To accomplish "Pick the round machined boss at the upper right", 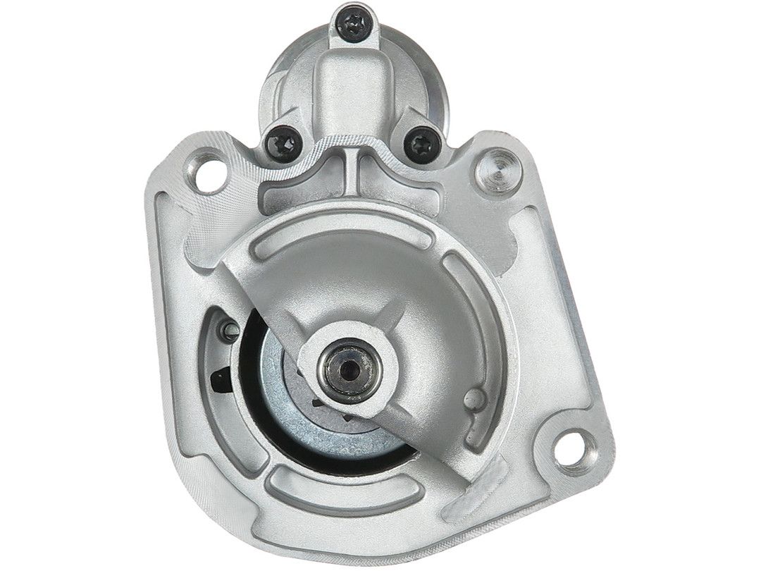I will coord(502,168).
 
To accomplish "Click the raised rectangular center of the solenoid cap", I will coord(352,92).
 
